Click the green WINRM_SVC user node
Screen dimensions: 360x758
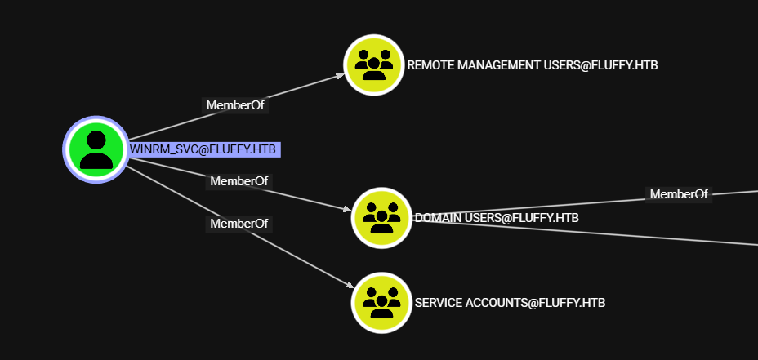coord(96,149)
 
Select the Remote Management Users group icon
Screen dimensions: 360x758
coord(374,65)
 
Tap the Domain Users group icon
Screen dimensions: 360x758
coord(381,218)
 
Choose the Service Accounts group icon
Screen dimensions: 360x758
coord(381,303)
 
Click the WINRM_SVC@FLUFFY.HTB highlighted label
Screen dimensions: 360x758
coord(204,149)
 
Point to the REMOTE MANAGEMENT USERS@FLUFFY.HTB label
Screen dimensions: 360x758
coord(532,65)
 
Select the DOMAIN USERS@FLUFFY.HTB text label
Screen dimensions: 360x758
coord(498,218)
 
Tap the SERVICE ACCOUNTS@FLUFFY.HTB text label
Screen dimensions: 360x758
coord(510,303)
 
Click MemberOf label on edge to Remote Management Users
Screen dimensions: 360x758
coord(235,105)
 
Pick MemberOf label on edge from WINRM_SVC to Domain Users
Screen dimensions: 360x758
coord(239,180)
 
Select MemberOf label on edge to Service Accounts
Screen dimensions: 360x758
coord(239,223)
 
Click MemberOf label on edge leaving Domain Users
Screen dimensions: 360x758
coord(679,194)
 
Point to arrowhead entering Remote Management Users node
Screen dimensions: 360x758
coord(341,75)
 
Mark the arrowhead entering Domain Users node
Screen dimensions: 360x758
coord(347,209)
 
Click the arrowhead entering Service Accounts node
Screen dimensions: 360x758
coord(350,285)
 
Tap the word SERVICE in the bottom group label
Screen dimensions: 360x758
coord(439,303)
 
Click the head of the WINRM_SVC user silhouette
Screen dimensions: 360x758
coord(96,140)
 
